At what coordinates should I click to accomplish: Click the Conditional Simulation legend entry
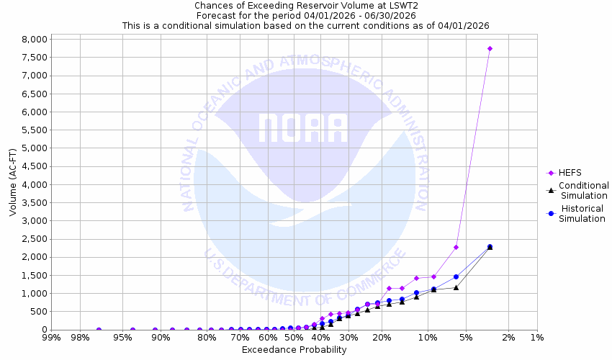[584, 190]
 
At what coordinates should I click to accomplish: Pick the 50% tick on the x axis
[293, 338]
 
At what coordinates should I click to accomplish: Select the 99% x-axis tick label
[51, 338]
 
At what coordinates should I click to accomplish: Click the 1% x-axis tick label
[536, 338]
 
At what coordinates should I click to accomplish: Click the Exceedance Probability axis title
[294, 350]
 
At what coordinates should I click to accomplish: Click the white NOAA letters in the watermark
[303, 129]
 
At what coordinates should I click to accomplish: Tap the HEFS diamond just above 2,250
[456, 247]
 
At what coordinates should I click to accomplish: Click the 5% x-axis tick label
[466, 338]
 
